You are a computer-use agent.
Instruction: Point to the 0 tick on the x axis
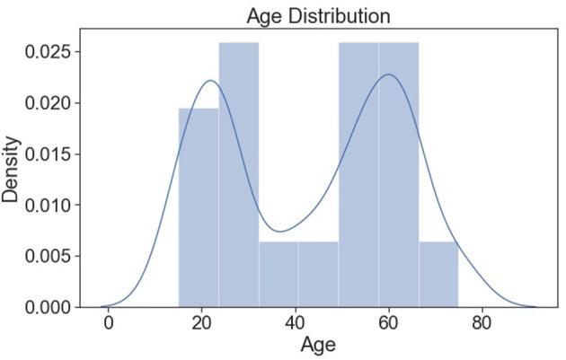coord(109,322)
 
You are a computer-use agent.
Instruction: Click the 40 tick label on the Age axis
coord(295,322)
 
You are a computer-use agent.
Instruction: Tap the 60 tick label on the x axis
coord(388,322)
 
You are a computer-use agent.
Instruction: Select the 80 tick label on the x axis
coord(482,322)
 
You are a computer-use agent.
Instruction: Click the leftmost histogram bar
coord(198,207)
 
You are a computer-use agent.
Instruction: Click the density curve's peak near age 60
coord(388,75)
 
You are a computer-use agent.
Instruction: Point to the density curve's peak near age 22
coord(210,81)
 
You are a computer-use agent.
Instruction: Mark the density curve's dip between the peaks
coord(280,232)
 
